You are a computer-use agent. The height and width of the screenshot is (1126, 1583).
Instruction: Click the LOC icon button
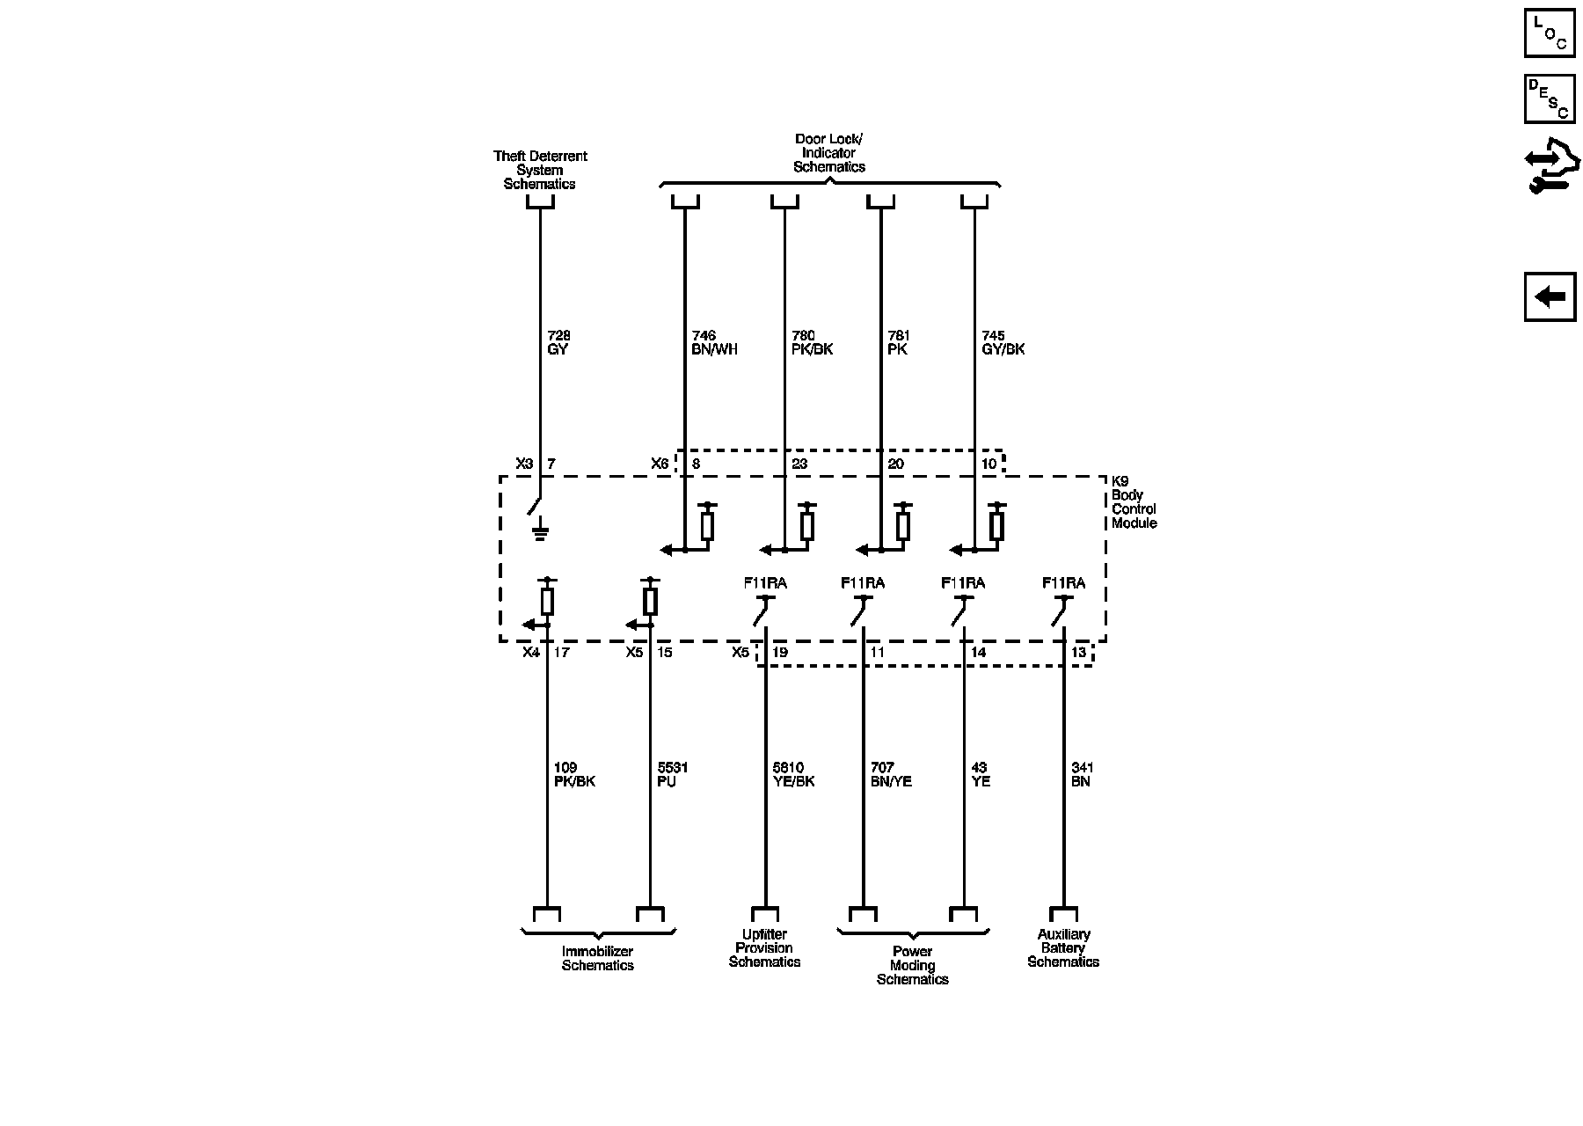click(1550, 33)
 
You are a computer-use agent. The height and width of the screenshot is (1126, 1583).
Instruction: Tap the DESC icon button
click(1550, 99)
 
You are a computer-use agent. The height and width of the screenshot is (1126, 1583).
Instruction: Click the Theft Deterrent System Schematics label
click(540, 170)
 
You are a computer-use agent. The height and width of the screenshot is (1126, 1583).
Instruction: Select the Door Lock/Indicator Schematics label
click(829, 153)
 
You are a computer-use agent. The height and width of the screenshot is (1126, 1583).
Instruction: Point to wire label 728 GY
click(558, 342)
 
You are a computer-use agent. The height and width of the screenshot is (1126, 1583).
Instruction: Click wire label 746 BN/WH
click(714, 342)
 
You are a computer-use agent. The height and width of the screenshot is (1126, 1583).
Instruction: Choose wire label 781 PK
click(899, 342)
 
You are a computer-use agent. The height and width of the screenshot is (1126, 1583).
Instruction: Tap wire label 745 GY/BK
click(1003, 342)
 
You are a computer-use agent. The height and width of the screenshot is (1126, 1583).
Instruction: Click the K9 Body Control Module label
click(1134, 502)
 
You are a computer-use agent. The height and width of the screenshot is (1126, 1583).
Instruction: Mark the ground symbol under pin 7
click(541, 531)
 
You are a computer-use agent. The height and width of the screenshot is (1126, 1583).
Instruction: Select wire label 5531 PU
click(673, 774)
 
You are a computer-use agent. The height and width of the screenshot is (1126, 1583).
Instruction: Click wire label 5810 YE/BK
click(793, 774)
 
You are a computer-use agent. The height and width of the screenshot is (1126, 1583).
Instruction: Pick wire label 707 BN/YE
click(891, 774)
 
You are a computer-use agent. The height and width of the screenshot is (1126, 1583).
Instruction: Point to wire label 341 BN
click(1083, 774)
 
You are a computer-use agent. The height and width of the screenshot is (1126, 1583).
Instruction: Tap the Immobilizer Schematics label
click(598, 958)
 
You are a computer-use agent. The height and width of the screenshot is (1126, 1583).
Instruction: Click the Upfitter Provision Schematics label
click(764, 948)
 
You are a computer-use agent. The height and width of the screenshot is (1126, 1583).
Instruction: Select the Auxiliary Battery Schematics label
click(1063, 948)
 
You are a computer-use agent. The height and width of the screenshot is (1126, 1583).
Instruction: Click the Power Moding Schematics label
click(913, 965)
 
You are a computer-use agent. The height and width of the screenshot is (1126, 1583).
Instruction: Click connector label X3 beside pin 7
click(524, 464)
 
